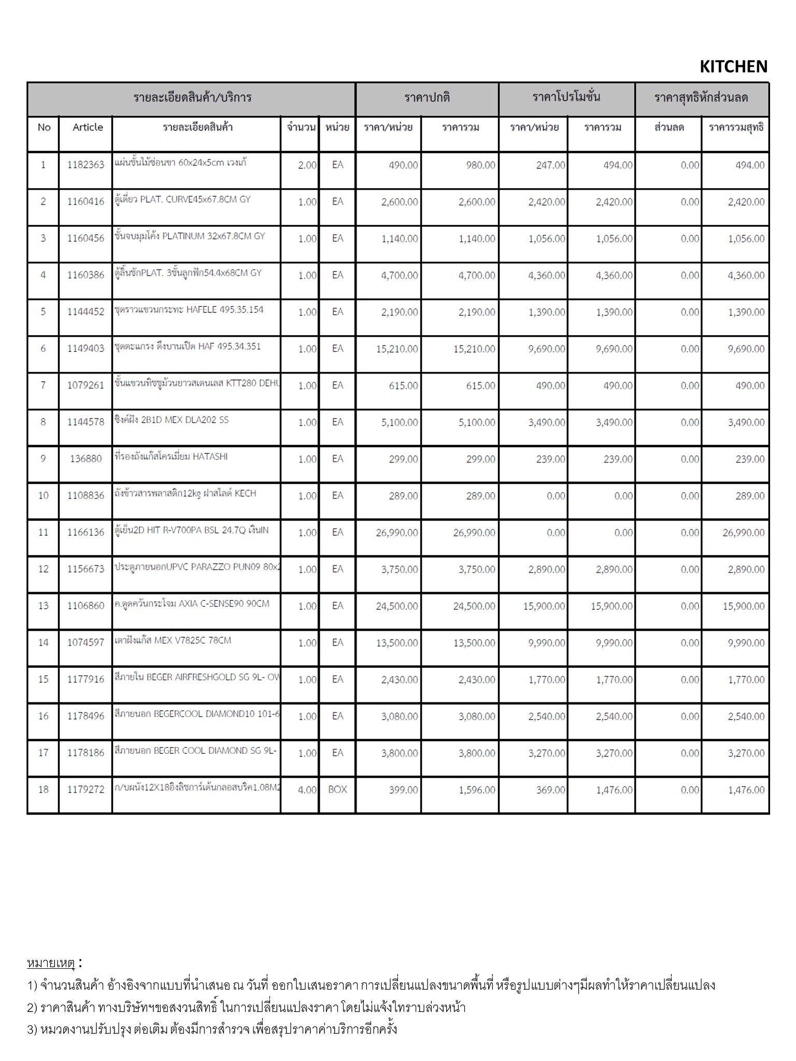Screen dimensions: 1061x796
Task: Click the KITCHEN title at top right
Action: pyautogui.click(x=733, y=67)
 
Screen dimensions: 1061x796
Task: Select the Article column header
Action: pyautogui.click(x=88, y=127)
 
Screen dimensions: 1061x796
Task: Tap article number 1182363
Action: pyautogui.click(x=86, y=165)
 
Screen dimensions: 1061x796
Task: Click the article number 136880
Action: pyautogui.click(x=86, y=459)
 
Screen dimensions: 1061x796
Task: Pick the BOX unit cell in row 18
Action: pyautogui.click(x=337, y=790)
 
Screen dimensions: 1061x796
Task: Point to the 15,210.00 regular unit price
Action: pyautogui.click(x=397, y=349)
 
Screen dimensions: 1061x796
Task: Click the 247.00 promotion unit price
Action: pyautogui.click(x=550, y=165)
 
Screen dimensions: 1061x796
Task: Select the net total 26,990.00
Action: pyautogui.click(x=743, y=533)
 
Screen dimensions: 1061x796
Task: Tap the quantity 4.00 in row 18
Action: pyautogui.click(x=307, y=790)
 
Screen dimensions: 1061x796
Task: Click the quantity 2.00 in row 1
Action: pyautogui.click(x=307, y=165)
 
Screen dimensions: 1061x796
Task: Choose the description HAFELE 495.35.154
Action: pyautogui.click(x=189, y=310)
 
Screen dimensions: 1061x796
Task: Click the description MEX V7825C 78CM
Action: pyautogui.click(x=173, y=640)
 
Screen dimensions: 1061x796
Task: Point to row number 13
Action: pyautogui.click(x=43, y=606)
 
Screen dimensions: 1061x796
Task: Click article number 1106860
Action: pyautogui.click(x=86, y=606)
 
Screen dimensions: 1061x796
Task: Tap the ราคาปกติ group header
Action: pyautogui.click(x=427, y=98)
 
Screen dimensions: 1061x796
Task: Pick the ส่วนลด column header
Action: pyautogui.click(x=669, y=127)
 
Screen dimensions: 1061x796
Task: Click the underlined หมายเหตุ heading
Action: pyautogui.click(x=51, y=964)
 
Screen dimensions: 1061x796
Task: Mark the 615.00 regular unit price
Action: pyautogui.click(x=403, y=386)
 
